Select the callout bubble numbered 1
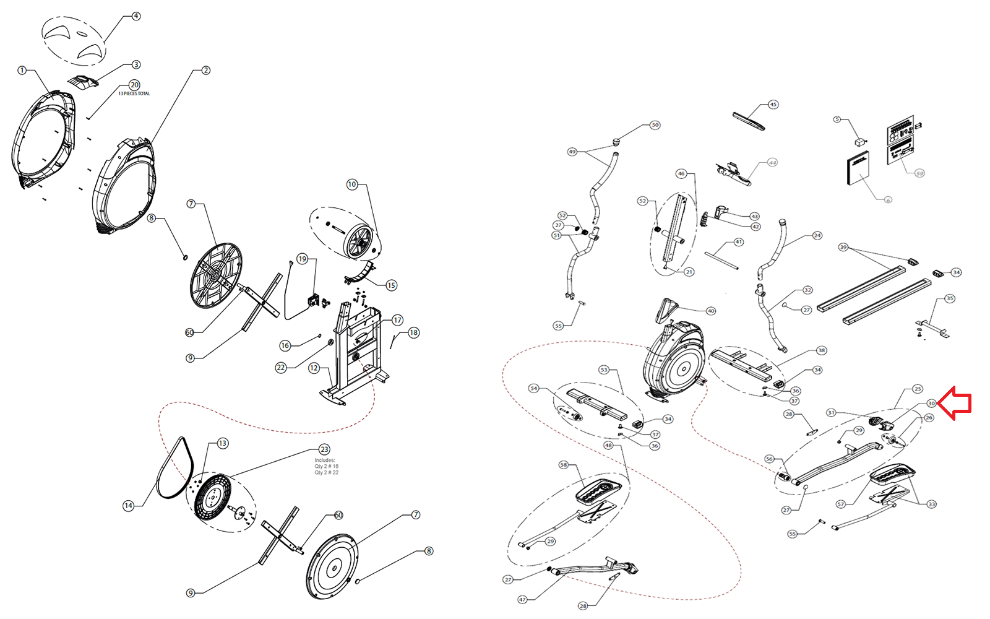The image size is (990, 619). [x=22, y=71]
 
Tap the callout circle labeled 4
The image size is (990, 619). [x=136, y=16]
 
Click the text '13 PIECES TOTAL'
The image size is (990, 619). [x=134, y=94]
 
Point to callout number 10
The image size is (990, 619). [x=352, y=184]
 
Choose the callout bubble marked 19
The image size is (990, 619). [x=302, y=259]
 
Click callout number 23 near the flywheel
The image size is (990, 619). [x=324, y=449]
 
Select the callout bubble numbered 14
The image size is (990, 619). [x=129, y=506]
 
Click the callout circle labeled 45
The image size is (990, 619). [x=773, y=105]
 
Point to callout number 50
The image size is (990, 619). [x=655, y=125]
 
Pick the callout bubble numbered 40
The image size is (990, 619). [x=711, y=311]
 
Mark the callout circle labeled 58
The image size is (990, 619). [x=563, y=465]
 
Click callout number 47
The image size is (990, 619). [x=523, y=599]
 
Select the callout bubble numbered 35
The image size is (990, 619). [x=950, y=298]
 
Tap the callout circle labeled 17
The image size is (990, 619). [x=397, y=320]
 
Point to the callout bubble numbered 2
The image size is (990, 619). [x=206, y=71]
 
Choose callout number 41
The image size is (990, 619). [x=739, y=242]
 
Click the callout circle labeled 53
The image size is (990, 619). [x=604, y=370]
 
